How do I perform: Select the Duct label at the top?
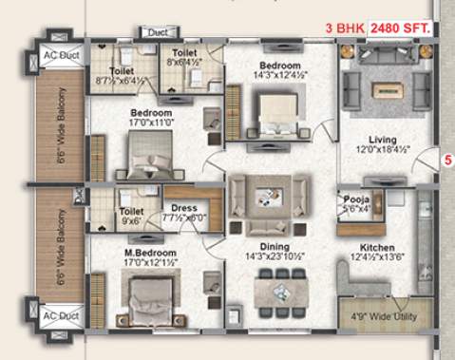pyautogui.click(x=156, y=32)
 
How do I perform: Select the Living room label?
pyautogui.click(x=385, y=137)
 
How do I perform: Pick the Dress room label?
pyautogui.click(x=183, y=211)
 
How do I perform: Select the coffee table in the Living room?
pyautogui.click(x=386, y=91)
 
